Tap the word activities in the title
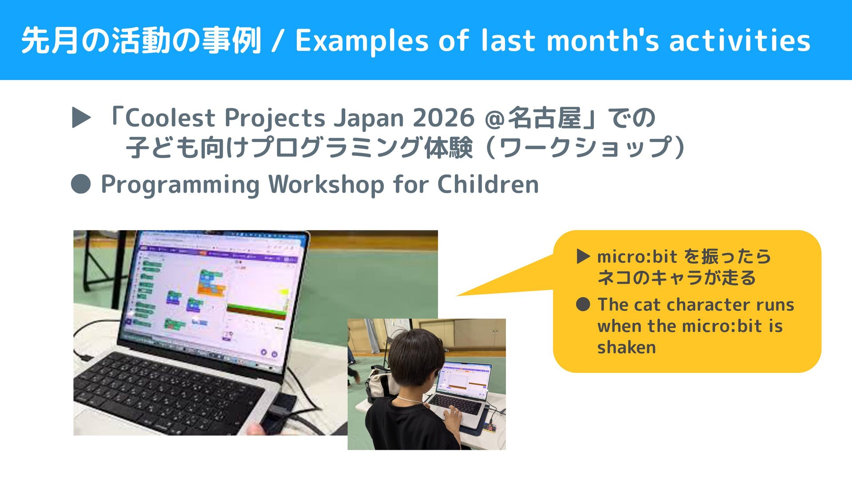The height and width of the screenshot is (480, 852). (740, 40)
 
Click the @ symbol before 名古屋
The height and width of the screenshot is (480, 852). (494, 119)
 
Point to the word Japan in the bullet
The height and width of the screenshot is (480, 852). (369, 119)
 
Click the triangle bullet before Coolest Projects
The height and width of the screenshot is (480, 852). (81, 118)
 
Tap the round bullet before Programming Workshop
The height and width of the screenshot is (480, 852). (81, 184)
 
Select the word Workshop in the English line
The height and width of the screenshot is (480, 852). (327, 184)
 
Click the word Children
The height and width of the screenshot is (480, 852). (488, 184)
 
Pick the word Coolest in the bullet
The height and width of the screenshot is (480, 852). (170, 118)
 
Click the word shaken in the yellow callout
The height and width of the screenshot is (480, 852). (626, 347)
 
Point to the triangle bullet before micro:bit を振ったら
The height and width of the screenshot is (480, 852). (583, 256)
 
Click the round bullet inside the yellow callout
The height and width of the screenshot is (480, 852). (583, 305)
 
